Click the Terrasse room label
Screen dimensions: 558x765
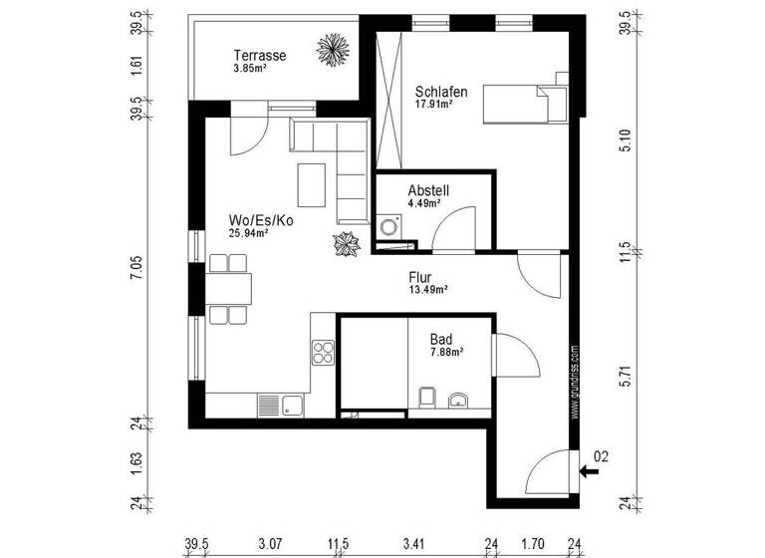coord(260,56)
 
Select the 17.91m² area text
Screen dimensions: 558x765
coord(434,103)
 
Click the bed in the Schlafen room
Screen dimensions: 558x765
coord(526,103)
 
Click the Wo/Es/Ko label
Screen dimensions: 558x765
coord(260,220)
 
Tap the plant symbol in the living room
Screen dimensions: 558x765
coord(347,243)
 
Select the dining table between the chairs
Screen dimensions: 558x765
coord(230,289)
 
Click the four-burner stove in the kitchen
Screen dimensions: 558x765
coord(324,352)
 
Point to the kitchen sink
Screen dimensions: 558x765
coord(281,405)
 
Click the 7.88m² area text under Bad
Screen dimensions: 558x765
coord(446,352)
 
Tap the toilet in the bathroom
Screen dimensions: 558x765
coord(426,399)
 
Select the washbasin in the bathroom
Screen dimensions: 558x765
coord(458,401)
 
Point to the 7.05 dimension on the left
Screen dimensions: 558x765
coord(137,269)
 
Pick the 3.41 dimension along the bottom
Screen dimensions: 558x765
coord(413,543)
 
